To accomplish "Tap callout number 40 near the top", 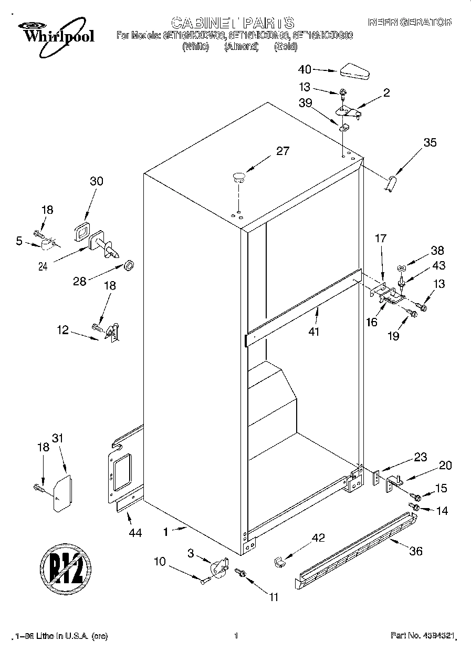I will click(x=305, y=69).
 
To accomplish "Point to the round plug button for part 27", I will click(x=239, y=177).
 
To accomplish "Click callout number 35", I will click(x=430, y=142).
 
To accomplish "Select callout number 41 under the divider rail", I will click(x=314, y=332).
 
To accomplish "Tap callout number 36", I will click(x=415, y=551).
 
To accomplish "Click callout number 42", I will click(x=318, y=538).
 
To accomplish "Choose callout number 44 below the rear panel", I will click(x=135, y=533).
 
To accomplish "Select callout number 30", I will click(x=96, y=181).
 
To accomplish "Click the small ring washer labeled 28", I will click(x=128, y=263).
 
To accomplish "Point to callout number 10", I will click(x=159, y=562).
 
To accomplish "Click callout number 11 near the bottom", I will click(x=274, y=597).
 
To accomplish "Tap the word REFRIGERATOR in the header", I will click(x=410, y=23).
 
